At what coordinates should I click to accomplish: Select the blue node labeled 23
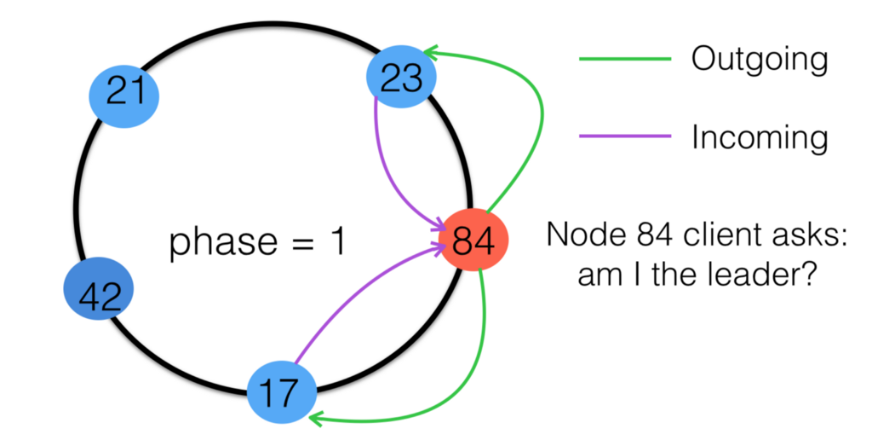click(x=401, y=78)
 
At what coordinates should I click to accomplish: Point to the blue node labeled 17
click(x=281, y=394)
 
